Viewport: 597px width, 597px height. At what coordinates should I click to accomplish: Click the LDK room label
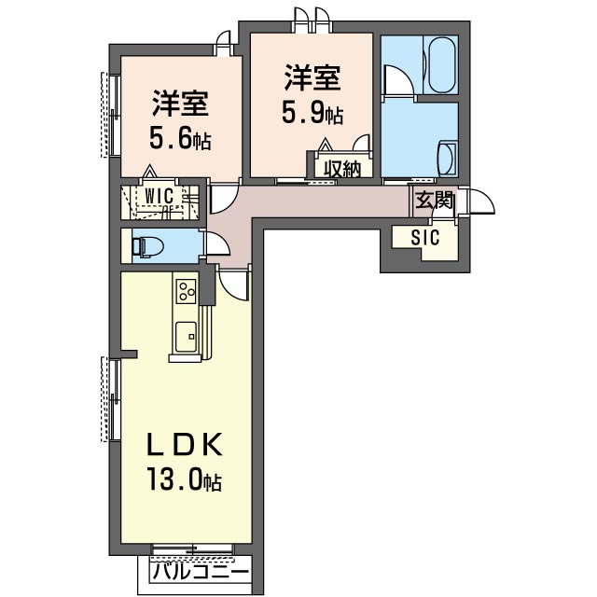coord(183,442)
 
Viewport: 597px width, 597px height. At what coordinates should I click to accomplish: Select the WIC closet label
coord(160,195)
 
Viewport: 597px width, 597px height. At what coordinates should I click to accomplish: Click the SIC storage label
coord(424,237)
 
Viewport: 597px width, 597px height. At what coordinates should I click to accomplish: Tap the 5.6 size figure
coord(179,141)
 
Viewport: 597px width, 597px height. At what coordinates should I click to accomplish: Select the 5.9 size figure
coord(312,115)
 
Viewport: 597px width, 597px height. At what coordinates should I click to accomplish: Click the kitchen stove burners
coord(184,291)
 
